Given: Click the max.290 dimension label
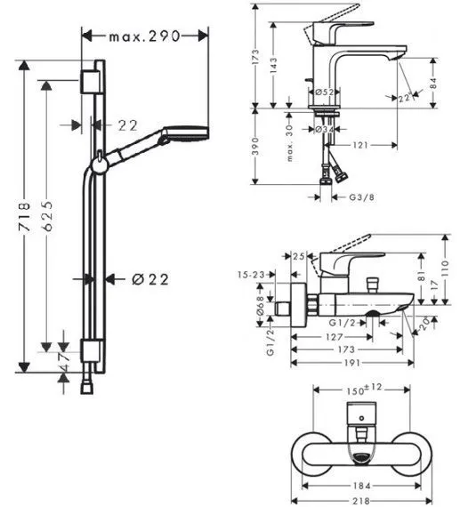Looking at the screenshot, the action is [145, 36].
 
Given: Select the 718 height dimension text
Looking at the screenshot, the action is [24, 216].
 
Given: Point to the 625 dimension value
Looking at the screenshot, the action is [47, 215].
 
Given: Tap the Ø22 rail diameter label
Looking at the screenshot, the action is [150, 279].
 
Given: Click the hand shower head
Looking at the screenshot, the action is [185, 133].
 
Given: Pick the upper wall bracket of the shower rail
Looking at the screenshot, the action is [89, 82].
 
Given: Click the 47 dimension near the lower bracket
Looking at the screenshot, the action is [64, 362].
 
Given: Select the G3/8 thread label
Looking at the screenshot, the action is [361, 197].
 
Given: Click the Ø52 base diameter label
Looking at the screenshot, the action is [325, 93].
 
